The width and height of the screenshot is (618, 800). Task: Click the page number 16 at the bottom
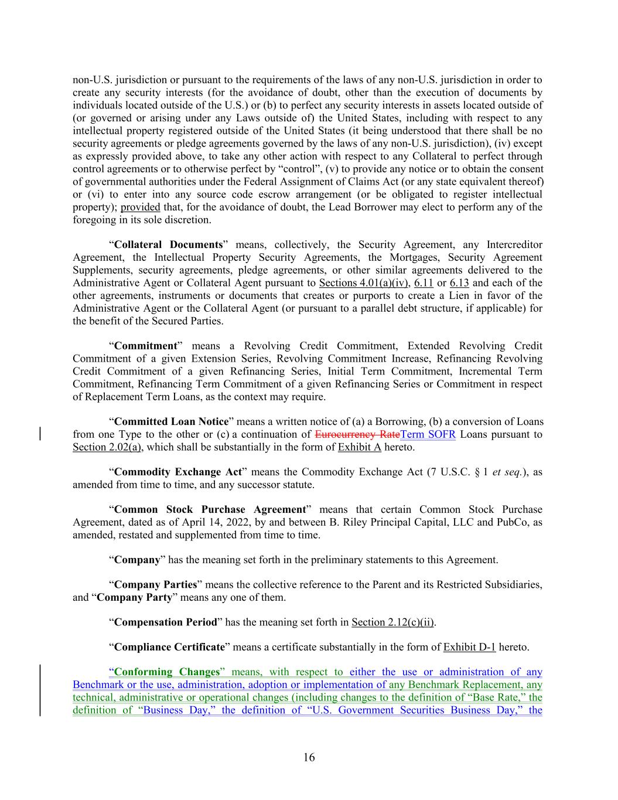click(309, 757)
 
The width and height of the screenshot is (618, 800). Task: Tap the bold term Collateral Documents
click(168, 244)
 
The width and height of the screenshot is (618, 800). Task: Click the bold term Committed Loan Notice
click(171, 421)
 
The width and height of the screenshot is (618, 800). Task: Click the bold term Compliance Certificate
click(169, 647)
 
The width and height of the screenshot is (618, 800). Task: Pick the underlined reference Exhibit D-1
click(469, 647)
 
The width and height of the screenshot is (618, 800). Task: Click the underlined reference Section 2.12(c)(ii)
click(393, 622)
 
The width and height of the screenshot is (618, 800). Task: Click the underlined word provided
click(140, 207)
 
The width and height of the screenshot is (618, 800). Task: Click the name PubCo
click(511, 522)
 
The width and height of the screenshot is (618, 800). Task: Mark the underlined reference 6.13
click(459, 282)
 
